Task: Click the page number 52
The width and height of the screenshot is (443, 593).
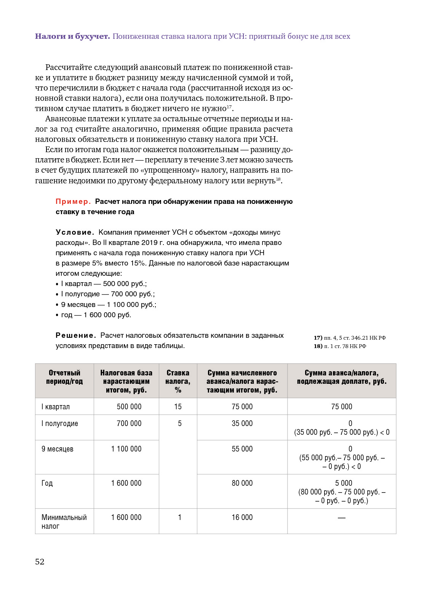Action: (x=40, y=562)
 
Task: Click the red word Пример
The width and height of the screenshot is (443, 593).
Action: (x=73, y=202)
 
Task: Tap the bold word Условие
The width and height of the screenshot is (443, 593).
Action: (x=75, y=232)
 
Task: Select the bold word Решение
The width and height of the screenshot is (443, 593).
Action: (x=75, y=335)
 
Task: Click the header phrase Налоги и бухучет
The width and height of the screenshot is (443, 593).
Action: (x=72, y=37)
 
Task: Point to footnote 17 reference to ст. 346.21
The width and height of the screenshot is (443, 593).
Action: (x=350, y=338)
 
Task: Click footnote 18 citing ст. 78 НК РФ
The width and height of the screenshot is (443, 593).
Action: (x=340, y=346)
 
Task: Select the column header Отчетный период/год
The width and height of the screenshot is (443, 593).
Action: (x=64, y=377)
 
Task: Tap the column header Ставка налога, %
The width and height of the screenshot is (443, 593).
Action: (x=178, y=381)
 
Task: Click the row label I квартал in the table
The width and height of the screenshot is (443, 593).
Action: (x=56, y=407)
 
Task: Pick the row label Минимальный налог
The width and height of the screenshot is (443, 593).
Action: (x=64, y=522)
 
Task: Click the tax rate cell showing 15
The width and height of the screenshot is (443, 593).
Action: (x=178, y=407)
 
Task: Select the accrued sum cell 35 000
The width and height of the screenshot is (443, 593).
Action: (x=242, y=424)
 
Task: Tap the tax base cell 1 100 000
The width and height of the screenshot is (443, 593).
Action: (x=126, y=449)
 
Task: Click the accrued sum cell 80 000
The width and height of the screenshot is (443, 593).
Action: (x=242, y=483)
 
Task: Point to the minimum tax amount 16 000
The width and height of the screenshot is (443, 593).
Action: (x=242, y=518)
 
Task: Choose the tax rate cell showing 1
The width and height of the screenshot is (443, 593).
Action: (x=180, y=518)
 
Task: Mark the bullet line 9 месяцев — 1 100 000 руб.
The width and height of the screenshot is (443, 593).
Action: (x=109, y=305)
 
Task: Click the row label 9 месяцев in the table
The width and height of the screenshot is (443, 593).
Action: (x=58, y=449)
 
